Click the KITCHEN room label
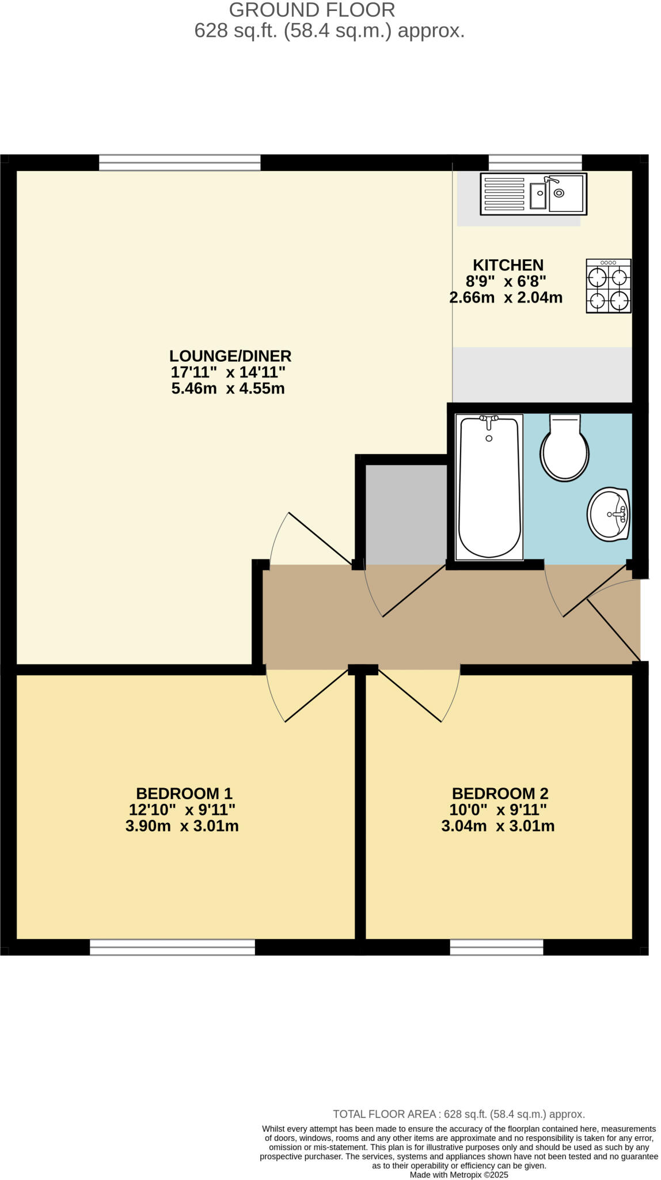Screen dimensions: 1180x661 (508, 265)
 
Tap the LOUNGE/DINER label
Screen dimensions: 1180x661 (230, 355)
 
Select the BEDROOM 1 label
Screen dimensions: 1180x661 (184, 793)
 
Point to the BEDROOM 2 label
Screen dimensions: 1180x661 (500, 793)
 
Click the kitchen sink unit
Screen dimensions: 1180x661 (533, 194)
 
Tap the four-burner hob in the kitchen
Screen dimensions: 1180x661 (609, 286)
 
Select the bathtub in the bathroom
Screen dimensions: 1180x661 (489, 487)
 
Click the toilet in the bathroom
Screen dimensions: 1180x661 (564, 448)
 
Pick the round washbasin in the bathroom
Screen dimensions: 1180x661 (609, 514)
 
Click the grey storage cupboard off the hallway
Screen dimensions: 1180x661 (406, 514)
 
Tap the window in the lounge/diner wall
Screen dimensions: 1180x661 (180, 163)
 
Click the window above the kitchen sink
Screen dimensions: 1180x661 (535, 163)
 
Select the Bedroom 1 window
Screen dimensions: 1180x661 (172, 947)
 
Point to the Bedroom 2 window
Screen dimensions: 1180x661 (496, 947)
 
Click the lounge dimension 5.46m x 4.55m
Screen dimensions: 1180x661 (228, 388)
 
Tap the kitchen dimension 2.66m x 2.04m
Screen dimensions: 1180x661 (506, 298)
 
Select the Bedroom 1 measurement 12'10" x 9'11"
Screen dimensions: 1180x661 (182, 810)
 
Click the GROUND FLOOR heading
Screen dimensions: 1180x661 (312, 10)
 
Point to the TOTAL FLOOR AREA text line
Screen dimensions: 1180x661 (459, 1114)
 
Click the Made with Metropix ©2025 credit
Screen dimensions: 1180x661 (459, 1175)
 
